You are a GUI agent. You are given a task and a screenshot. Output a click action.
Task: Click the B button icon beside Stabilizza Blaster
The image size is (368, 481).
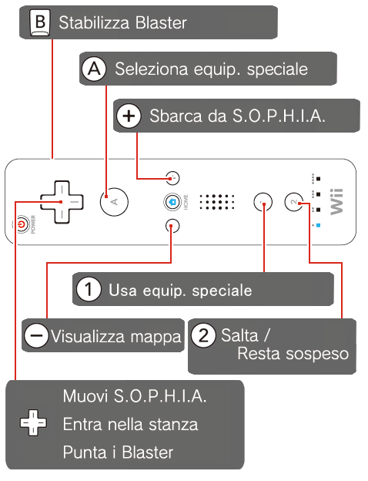tap(40, 22)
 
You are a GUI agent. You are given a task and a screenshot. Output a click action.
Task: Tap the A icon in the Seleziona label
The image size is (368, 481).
tap(94, 69)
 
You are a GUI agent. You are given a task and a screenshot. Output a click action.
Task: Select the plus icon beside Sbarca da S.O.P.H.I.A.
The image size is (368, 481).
tap(129, 116)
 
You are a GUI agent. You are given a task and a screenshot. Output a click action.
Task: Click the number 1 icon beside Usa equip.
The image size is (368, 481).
tap(89, 289)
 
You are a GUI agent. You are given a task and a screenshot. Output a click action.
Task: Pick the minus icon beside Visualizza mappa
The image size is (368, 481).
tap(36, 335)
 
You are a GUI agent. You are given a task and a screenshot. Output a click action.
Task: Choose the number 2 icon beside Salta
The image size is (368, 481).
tap(203, 335)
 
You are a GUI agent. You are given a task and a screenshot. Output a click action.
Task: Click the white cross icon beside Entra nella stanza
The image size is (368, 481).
tap(33, 422)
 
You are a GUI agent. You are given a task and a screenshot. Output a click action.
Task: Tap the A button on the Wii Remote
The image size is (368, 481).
tap(114, 201)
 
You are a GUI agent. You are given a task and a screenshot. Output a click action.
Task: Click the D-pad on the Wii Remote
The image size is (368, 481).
tap(62, 202)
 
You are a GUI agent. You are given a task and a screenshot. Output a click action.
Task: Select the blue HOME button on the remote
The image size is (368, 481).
tap(172, 202)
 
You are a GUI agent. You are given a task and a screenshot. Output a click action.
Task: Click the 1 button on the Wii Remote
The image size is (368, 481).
tap(263, 202)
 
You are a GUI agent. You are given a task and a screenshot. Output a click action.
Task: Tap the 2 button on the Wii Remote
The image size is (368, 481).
tap(294, 202)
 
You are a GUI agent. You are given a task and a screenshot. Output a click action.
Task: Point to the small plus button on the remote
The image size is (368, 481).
tap(172, 178)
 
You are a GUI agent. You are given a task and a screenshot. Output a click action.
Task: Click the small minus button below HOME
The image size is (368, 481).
tap(172, 226)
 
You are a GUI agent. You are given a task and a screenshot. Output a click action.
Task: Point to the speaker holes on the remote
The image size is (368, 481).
tap(217, 202)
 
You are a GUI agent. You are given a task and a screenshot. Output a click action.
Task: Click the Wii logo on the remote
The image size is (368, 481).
tap(336, 201)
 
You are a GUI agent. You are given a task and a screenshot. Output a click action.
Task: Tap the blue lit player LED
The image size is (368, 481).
tap(318, 225)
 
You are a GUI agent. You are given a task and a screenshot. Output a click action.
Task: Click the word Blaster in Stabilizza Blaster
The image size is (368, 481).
tap(161, 22)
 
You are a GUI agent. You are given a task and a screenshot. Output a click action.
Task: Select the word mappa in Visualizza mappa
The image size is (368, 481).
tap(156, 338)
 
